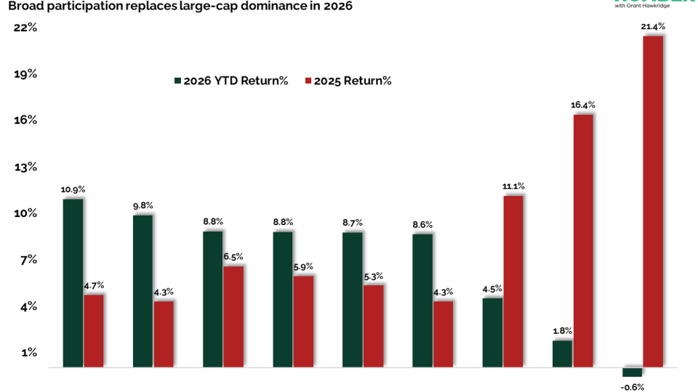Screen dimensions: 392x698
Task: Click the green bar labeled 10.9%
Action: coord(73,283)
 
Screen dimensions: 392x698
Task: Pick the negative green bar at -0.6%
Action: coord(632,372)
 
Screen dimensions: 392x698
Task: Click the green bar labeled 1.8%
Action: coord(562,354)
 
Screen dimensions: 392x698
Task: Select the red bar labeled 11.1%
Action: coord(513,282)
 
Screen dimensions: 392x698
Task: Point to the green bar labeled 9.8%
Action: coord(143,291)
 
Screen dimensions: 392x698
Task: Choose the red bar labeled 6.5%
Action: coord(233,317)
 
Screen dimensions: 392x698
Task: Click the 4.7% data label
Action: coord(94,285)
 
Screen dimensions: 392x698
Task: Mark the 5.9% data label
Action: coord(304,266)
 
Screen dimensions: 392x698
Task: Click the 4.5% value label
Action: coord(492,288)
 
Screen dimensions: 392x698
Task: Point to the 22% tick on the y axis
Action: coord(25,28)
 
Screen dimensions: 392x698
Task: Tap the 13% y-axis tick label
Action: coord(25,167)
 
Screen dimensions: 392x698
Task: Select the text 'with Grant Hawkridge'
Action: coord(643,6)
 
